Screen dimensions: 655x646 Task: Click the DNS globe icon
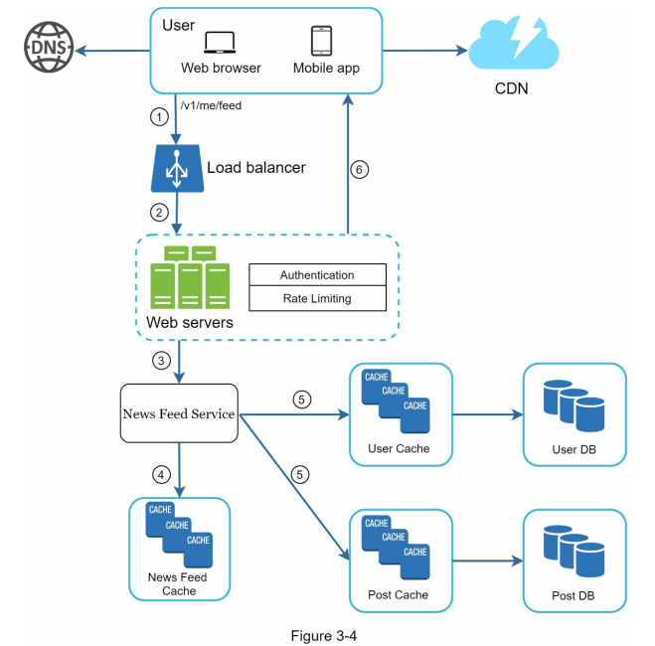[49, 47]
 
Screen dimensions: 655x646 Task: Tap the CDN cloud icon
[514, 44]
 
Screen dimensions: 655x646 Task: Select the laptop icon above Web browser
[220, 43]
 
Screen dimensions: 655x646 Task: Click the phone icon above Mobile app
[322, 41]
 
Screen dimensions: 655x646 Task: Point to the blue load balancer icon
[177, 168]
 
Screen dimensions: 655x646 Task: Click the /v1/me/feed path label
[211, 105]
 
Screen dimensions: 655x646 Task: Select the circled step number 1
[159, 117]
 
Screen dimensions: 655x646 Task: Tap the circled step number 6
[359, 170]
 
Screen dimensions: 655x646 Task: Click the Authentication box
[317, 274]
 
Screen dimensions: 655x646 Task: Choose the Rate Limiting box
[317, 298]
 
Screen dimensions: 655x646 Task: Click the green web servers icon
[190, 277]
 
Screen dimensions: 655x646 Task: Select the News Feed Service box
[179, 413]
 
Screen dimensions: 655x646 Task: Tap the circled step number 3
[161, 361]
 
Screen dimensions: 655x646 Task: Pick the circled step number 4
[161, 475]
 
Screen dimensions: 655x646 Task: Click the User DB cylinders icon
[573, 405]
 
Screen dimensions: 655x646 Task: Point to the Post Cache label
[399, 594]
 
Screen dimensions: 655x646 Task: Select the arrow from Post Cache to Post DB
[488, 561]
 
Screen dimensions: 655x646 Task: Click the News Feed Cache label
[178, 583]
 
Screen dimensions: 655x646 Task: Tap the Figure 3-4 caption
[324, 635]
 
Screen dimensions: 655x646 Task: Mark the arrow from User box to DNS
[112, 51]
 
